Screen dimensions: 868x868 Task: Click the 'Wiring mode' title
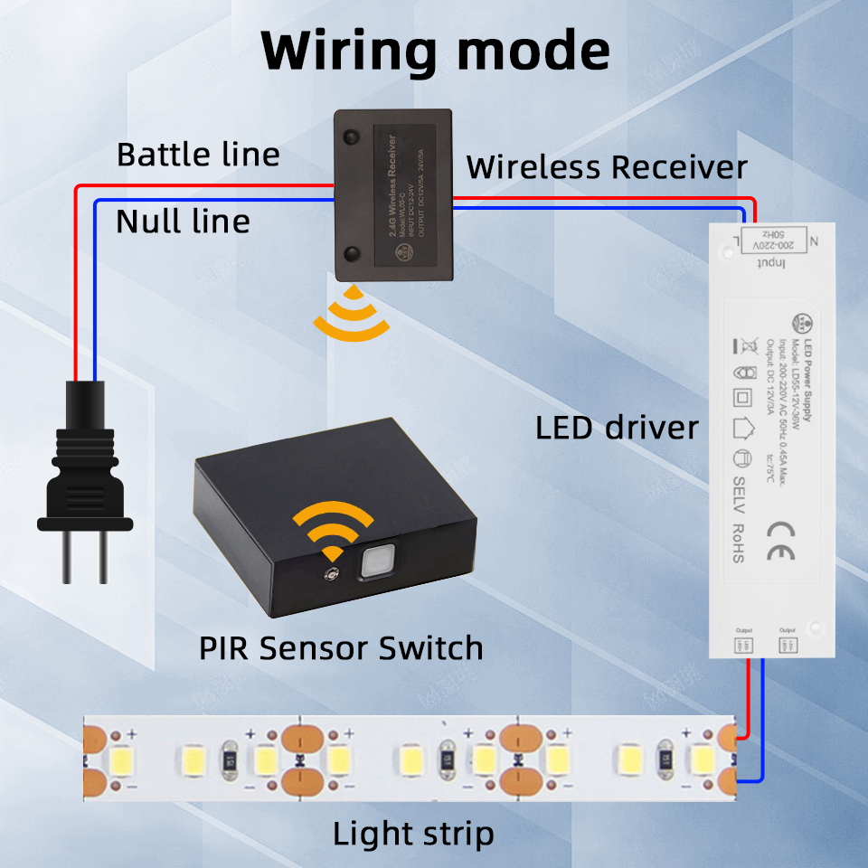435,52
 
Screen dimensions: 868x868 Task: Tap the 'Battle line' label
198,155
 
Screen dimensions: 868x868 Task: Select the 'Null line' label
183,221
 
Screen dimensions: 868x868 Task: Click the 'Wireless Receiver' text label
607,167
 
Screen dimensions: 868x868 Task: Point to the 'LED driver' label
617,428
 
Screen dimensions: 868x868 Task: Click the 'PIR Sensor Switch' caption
341,648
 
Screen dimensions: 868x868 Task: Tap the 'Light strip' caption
413,834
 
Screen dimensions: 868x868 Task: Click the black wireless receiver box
392,194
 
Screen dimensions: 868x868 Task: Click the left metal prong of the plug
68,555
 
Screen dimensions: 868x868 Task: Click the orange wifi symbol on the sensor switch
334,530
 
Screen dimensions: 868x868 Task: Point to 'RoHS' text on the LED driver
738,542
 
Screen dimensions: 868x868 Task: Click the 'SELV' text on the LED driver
738,494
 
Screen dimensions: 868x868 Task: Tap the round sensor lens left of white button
331,573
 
